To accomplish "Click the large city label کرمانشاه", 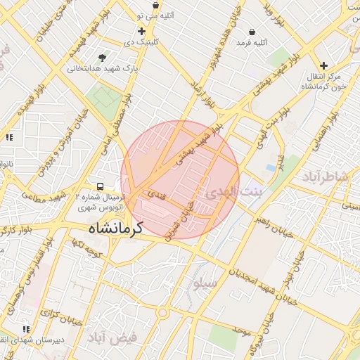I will click(x=115, y=229).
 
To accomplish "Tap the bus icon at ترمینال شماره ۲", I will click(x=101, y=187).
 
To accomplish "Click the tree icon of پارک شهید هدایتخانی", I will click(x=103, y=58).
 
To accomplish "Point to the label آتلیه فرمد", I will click(x=252, y=44).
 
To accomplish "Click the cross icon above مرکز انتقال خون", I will click(x=323, y=65).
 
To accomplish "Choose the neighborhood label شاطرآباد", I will click(x=328, y=176).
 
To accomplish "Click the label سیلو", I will click(x=206, y=283).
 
